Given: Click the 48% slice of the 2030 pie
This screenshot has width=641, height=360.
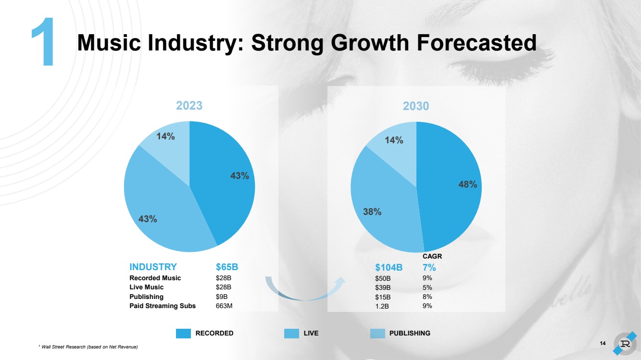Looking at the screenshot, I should pos(452,192).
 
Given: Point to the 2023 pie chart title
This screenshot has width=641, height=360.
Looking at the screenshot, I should pos(189,106).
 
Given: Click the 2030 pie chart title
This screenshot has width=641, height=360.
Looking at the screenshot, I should pos(416,106).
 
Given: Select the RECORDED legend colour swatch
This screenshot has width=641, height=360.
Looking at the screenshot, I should pos(184,333).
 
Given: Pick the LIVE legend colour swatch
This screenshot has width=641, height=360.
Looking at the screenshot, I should pos(292,333).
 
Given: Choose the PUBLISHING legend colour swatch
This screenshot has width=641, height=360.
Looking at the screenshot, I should pos(378,333).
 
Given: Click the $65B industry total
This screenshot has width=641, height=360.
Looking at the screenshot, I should pos(227,267).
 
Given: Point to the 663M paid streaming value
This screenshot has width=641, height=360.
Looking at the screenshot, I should pos(224,306).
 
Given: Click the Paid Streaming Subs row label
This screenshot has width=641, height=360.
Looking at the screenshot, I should pos(163,306).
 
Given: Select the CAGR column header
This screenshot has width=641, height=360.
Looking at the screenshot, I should pos(432,257).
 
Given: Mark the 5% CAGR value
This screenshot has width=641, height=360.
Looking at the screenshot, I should pos(427,287).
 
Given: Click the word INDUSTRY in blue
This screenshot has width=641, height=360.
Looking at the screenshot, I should pos(153,267).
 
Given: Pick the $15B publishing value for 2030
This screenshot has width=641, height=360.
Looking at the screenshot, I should pos(383,297).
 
